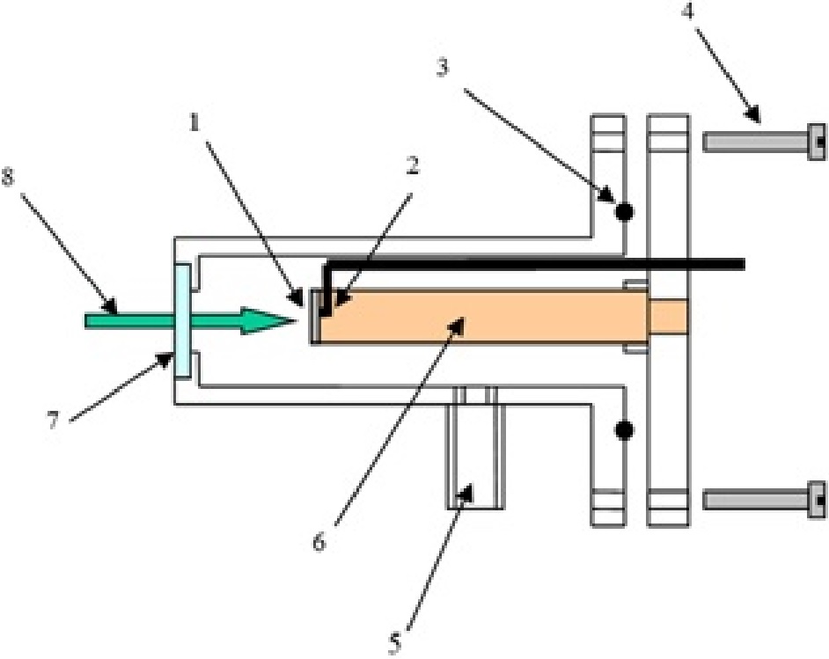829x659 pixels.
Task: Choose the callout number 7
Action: (53, 421)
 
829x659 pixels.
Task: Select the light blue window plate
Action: (181, 321)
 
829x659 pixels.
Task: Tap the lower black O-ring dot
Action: (624, 430)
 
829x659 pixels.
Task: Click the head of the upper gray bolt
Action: (817, 142)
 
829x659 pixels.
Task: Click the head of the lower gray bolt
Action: (817, 501)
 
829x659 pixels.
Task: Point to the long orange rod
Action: (475, 317)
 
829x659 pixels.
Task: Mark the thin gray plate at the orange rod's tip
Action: (313, 317)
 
